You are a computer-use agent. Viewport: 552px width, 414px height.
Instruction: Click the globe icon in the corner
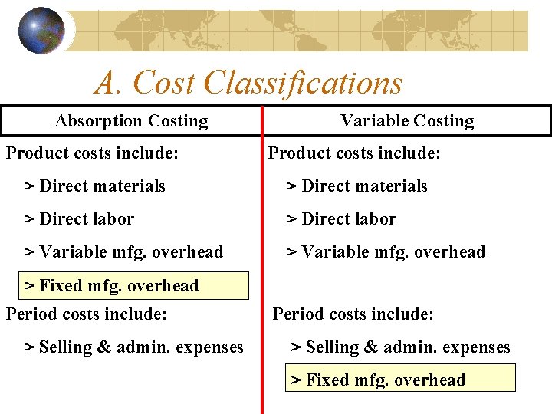(41, 31)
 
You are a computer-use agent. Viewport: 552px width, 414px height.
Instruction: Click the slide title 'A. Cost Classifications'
(248, 83)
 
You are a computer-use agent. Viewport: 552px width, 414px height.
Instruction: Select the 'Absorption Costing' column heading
(131, 121)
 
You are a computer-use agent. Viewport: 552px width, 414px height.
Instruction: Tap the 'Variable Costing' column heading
(407, 121)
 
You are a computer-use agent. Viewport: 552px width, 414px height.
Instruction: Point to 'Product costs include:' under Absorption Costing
(93, 153)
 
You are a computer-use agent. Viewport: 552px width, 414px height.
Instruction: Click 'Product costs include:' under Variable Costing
(354, 153)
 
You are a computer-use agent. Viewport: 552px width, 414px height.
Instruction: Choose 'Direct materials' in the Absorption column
(95, 186)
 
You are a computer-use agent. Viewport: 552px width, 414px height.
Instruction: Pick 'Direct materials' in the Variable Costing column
(357, 186)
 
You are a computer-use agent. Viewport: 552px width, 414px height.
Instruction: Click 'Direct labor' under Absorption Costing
(79, 219)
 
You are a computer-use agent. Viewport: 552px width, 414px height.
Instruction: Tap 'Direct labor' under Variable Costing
(342, 219)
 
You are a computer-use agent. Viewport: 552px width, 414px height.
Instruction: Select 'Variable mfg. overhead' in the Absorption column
(124, 252)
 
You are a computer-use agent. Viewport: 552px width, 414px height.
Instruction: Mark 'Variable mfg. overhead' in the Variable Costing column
(386, 252)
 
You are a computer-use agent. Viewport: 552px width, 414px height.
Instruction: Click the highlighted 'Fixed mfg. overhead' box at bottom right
(400, 379)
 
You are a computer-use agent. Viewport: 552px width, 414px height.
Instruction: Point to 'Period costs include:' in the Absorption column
(87, 314)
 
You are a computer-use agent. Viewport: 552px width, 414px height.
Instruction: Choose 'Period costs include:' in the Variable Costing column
(353, 314)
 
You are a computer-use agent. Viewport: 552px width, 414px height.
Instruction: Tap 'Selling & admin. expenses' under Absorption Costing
(134, 347)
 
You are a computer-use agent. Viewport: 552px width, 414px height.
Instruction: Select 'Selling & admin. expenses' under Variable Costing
(400, 347)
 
